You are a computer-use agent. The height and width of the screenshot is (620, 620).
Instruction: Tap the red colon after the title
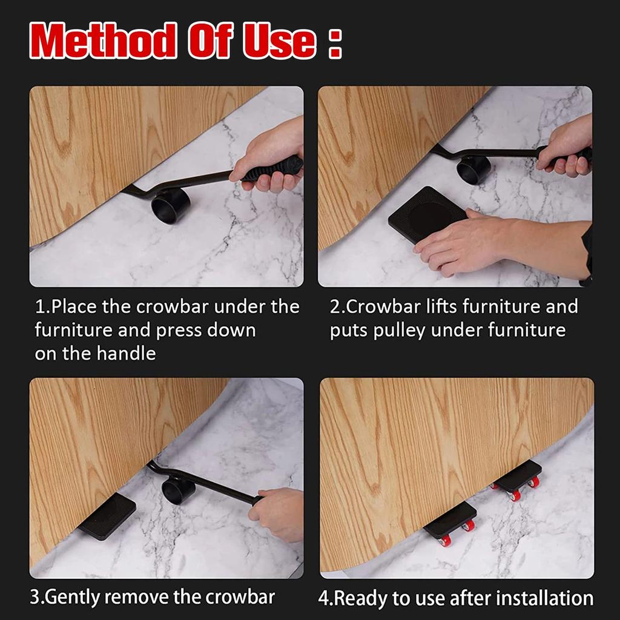(335, 44)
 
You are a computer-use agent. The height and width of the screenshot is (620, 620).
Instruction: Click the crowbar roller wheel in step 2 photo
(473, 169)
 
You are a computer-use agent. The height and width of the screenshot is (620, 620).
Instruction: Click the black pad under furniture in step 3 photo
(107, 515)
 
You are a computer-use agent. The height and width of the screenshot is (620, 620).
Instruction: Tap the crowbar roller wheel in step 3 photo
(178, 489)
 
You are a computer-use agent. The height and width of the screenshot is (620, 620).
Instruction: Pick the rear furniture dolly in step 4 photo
(516, 478)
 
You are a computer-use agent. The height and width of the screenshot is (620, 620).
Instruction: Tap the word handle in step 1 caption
(125, 353)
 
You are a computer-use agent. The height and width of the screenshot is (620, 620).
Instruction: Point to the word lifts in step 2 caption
(441, 306)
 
